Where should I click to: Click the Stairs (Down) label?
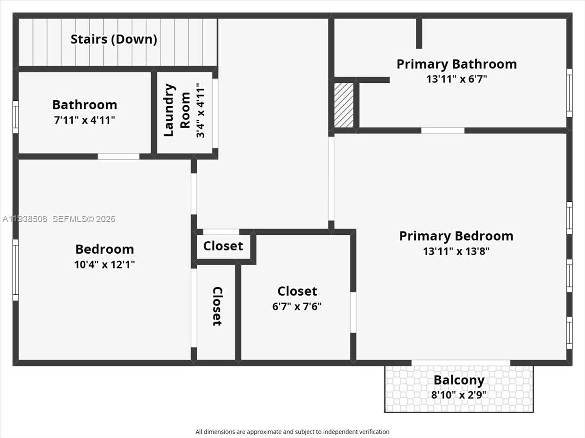coord(114,39)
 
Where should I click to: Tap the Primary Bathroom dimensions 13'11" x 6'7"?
coord(456,79)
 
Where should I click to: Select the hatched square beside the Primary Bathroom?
coord(344,105)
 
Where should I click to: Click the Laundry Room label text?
coord(176,110)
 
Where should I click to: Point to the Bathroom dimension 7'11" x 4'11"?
coord(84,120)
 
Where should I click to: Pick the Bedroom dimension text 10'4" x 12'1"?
coord(104,265)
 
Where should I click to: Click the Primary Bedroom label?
coord(456,236)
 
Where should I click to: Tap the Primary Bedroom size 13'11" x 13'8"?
coord(456,251)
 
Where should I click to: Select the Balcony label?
coord(459,380)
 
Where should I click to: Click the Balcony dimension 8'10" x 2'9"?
coord(459,395)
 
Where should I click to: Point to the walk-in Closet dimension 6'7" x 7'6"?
coord(297,306)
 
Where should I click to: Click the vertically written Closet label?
coord(217,306)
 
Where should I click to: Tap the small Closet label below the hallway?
coord(223,246)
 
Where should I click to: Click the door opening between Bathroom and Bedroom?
coord(118,156)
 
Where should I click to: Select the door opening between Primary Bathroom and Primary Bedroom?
coord(442,131)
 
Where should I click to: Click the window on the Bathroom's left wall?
coord(16,117)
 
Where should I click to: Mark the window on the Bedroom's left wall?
coord(16,270)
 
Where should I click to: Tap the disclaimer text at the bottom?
coord(292,432)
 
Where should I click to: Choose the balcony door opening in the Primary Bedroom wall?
coord(461,362)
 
